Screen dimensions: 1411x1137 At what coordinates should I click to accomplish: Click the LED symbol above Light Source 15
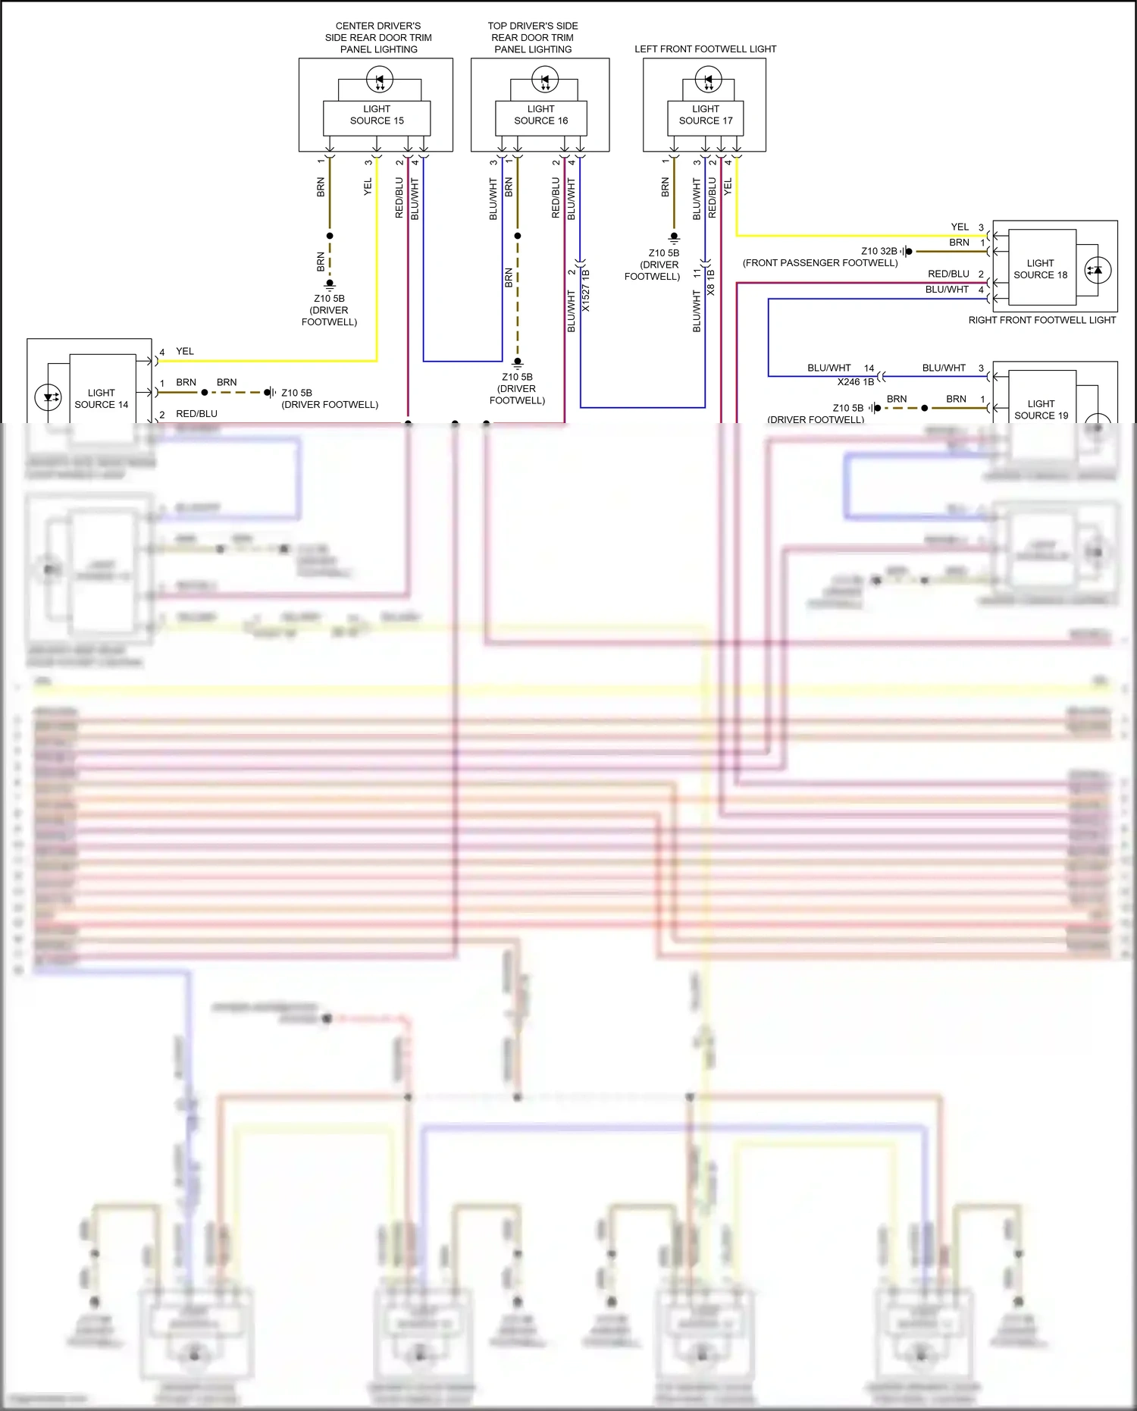(x=380, y=79)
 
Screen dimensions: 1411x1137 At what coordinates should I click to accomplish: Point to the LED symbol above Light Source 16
(x=545, y=79)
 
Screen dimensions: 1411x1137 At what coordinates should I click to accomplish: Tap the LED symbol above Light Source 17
(x=709, y=79)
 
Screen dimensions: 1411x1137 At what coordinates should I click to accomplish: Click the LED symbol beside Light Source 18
(x=1098, y=271)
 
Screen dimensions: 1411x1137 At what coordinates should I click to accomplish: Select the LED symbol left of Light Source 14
(x=49, y=397)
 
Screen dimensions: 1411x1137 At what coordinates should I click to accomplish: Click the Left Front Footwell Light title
(x=705, y=49)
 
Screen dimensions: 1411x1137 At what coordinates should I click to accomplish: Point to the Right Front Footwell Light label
(x=1041, y=321)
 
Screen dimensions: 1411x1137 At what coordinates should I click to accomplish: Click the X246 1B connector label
(x=856, y=382)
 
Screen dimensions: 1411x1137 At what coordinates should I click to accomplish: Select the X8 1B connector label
(x=711, y=283)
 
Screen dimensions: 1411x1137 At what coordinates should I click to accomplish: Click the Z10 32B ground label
(x=879, y=251)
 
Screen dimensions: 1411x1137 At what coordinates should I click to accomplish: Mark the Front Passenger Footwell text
(x=820, y=263)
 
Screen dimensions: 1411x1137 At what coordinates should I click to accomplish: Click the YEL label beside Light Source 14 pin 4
(x=185, y=352)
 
